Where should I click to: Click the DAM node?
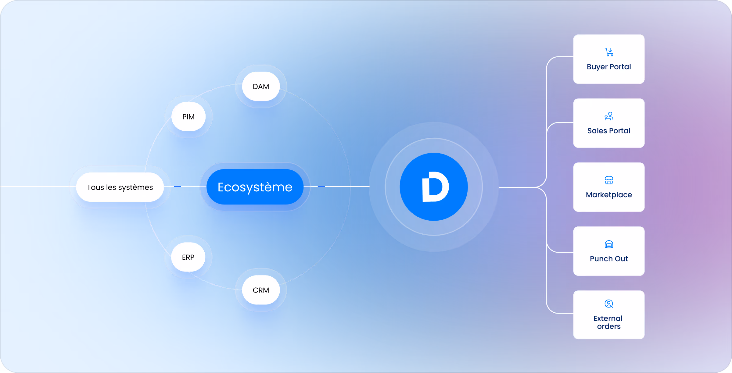point(261,86)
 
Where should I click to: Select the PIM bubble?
point(188,116)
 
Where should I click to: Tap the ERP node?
point(188,257)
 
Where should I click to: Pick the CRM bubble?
point(261,290)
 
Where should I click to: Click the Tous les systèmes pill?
point(120,187)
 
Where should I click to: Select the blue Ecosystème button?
point(255,187)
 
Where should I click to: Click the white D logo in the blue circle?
point(435,187)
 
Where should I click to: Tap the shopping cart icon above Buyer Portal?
point(609,52)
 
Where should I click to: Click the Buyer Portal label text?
point(609,67)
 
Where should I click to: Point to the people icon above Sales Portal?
point(609,116)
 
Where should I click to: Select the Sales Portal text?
point(609,131)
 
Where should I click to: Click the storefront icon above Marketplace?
point(609,180)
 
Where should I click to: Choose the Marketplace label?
point(609,195)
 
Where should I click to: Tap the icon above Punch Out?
point(609,244)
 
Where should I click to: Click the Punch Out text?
point(609,259)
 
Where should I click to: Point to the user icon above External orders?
point(609,304)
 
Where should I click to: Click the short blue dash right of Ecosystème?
point(321,186)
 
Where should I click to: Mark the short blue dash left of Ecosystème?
point(177,187)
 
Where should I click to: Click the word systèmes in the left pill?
point(136,187)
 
